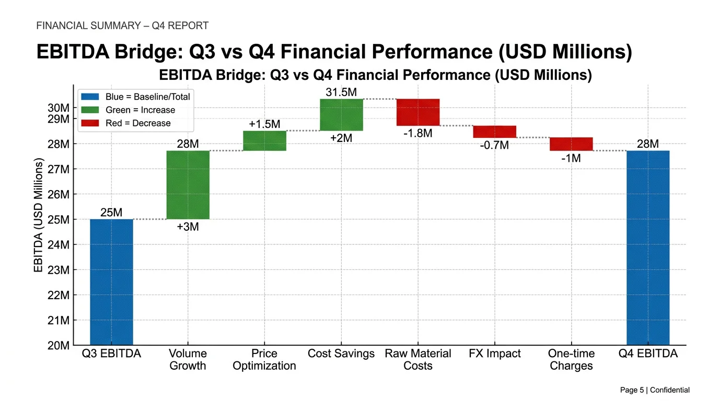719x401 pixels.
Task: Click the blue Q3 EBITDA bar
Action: click(111, 282)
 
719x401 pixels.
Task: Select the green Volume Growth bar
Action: click(188, 185)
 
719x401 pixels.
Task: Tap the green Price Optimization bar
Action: click(264, 140)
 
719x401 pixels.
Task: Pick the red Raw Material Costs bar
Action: click(418, 112)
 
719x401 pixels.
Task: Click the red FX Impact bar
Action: click(494, 132)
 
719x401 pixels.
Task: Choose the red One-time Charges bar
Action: click(571, 144)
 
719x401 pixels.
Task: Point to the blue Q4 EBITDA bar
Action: click(647, 247)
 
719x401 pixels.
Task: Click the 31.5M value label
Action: click(341, 92)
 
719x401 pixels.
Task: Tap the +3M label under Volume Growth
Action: click(188, 227)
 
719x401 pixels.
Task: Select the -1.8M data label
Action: click(418, 133)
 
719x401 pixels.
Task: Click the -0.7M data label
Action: click(494, 145)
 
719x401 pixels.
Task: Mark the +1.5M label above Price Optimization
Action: click(264, 124)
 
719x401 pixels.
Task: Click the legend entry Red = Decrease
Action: click(138, 123)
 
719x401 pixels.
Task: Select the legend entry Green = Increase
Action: click(140, 110)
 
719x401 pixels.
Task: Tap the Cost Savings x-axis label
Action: click(341, 353)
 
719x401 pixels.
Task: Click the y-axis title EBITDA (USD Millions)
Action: click(38, 216)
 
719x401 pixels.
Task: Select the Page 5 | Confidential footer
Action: click(654, 390)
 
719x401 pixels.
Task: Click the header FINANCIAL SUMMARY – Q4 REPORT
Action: click(122, 26)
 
